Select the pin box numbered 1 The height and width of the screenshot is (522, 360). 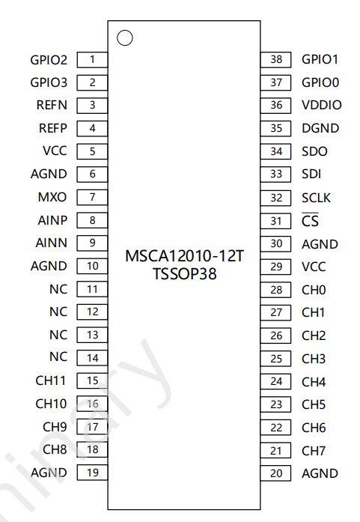92,60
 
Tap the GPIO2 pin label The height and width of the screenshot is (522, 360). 49,60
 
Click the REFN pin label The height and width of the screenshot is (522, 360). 52,105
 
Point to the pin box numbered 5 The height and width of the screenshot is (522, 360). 92,151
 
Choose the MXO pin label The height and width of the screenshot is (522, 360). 52,197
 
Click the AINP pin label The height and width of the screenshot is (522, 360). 52,220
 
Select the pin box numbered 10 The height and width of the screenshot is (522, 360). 92,266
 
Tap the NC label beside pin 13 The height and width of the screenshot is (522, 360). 58,335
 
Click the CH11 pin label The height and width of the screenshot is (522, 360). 50,380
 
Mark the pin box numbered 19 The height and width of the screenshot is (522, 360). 92,473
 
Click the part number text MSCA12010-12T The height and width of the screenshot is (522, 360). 184,256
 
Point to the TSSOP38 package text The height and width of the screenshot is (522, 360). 184,274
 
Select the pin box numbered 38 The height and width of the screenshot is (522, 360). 276,60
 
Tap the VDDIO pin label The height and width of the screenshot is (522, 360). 321,105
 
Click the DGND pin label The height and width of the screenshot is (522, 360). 320,128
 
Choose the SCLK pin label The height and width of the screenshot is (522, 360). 316,198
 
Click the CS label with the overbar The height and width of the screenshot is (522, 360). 310,220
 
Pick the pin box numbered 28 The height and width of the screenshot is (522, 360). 276,290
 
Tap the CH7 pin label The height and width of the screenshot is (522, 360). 314,451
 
